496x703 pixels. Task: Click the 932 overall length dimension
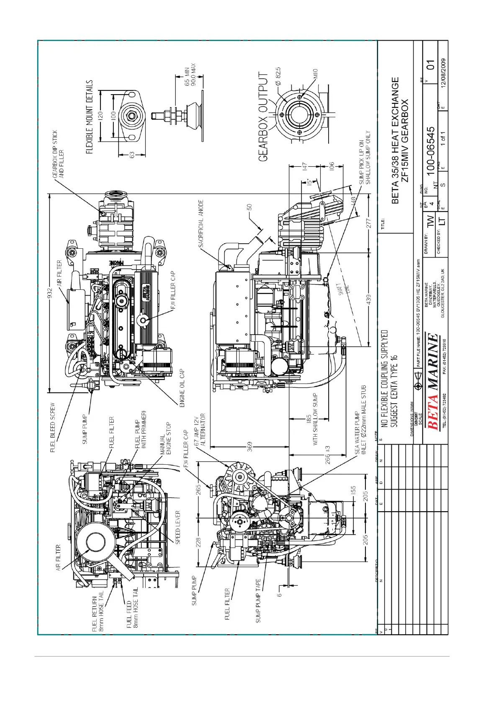point(49,292)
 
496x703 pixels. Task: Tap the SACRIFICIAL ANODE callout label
point(201,223)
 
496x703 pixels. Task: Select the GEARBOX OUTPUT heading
point(263,117)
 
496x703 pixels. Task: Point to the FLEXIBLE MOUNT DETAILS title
point(90,117)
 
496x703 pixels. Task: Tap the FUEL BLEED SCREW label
point(53,427)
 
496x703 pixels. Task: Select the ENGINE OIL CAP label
point(182,388)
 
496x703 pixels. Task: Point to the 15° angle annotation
point(309,182)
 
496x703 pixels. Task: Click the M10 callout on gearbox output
point(315,74)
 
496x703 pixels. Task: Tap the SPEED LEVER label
point(178,527)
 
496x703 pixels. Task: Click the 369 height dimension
point(250,446)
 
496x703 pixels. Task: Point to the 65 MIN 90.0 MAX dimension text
point(190,75)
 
